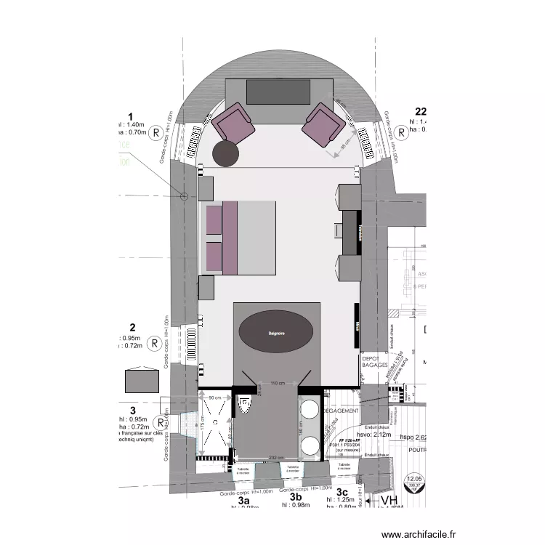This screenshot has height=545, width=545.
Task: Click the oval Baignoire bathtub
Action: (276, 333)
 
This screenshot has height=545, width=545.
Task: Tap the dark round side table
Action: (226, 152)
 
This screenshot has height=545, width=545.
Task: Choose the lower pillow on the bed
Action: (214, 256)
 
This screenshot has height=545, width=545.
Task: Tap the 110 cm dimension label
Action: (277, 383)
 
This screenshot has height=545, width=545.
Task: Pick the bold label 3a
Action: (244, 501)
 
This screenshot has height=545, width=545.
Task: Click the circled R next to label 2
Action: (154, 343)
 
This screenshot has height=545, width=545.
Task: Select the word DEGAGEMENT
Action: (340, 411)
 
